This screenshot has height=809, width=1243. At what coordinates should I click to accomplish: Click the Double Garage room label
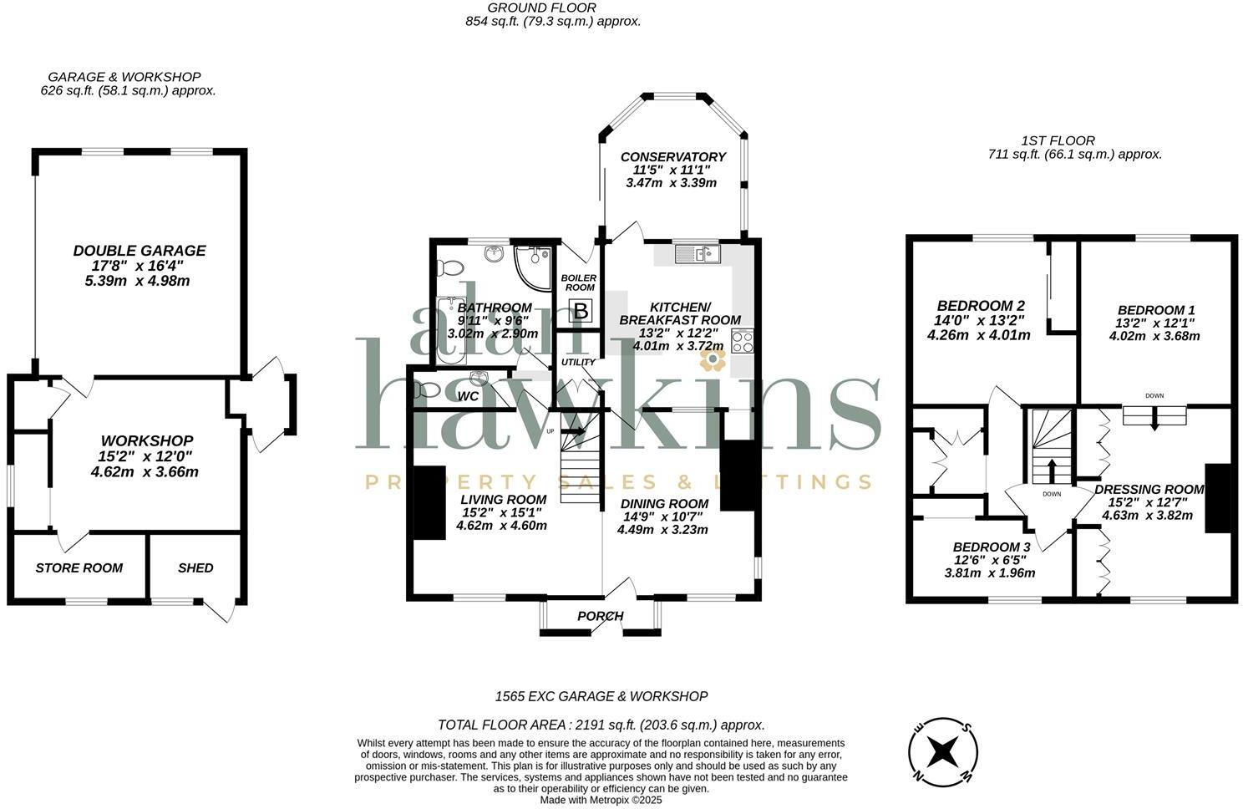[139, 250]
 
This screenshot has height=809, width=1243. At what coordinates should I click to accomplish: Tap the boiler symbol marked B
[581, 312]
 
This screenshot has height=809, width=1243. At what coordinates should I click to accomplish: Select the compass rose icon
[943, 750]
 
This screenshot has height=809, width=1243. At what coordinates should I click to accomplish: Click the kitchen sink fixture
[697, 252]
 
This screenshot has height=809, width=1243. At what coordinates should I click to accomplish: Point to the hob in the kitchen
[742, 341]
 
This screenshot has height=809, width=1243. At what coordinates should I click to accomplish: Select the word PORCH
[600, 616]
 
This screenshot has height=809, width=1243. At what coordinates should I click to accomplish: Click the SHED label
[195, 567]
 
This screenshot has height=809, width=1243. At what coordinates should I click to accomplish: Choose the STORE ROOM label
[79, 567]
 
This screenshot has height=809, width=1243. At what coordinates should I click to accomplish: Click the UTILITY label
[578, 362]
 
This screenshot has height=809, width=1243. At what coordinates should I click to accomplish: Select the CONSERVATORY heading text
[672, 157]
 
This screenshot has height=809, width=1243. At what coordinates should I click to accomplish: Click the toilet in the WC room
[427, 389]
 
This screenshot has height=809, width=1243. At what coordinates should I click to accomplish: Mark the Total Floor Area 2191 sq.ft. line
[601, 725]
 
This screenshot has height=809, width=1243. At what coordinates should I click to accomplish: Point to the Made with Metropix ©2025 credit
[601, 799]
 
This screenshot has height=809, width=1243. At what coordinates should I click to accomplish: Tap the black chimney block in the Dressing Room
[1217, 497]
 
